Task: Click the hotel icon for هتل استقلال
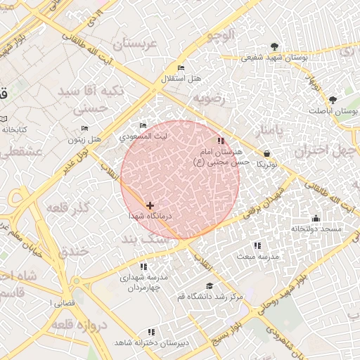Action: [x=181, y=67]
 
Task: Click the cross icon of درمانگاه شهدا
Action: [x=150, y=205]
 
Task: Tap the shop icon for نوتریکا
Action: [x=266, y=153]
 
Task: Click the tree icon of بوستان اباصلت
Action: [x=333, y=100]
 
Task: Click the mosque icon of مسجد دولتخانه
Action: [x=315, y=218]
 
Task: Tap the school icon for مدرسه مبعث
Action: [x=257, y=245]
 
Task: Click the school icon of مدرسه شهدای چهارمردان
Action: [x=143, y=266]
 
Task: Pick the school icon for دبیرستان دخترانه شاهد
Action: [x=150, y=331]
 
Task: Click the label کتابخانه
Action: [x=14, y=130]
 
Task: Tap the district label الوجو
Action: [x=218, y=35]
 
